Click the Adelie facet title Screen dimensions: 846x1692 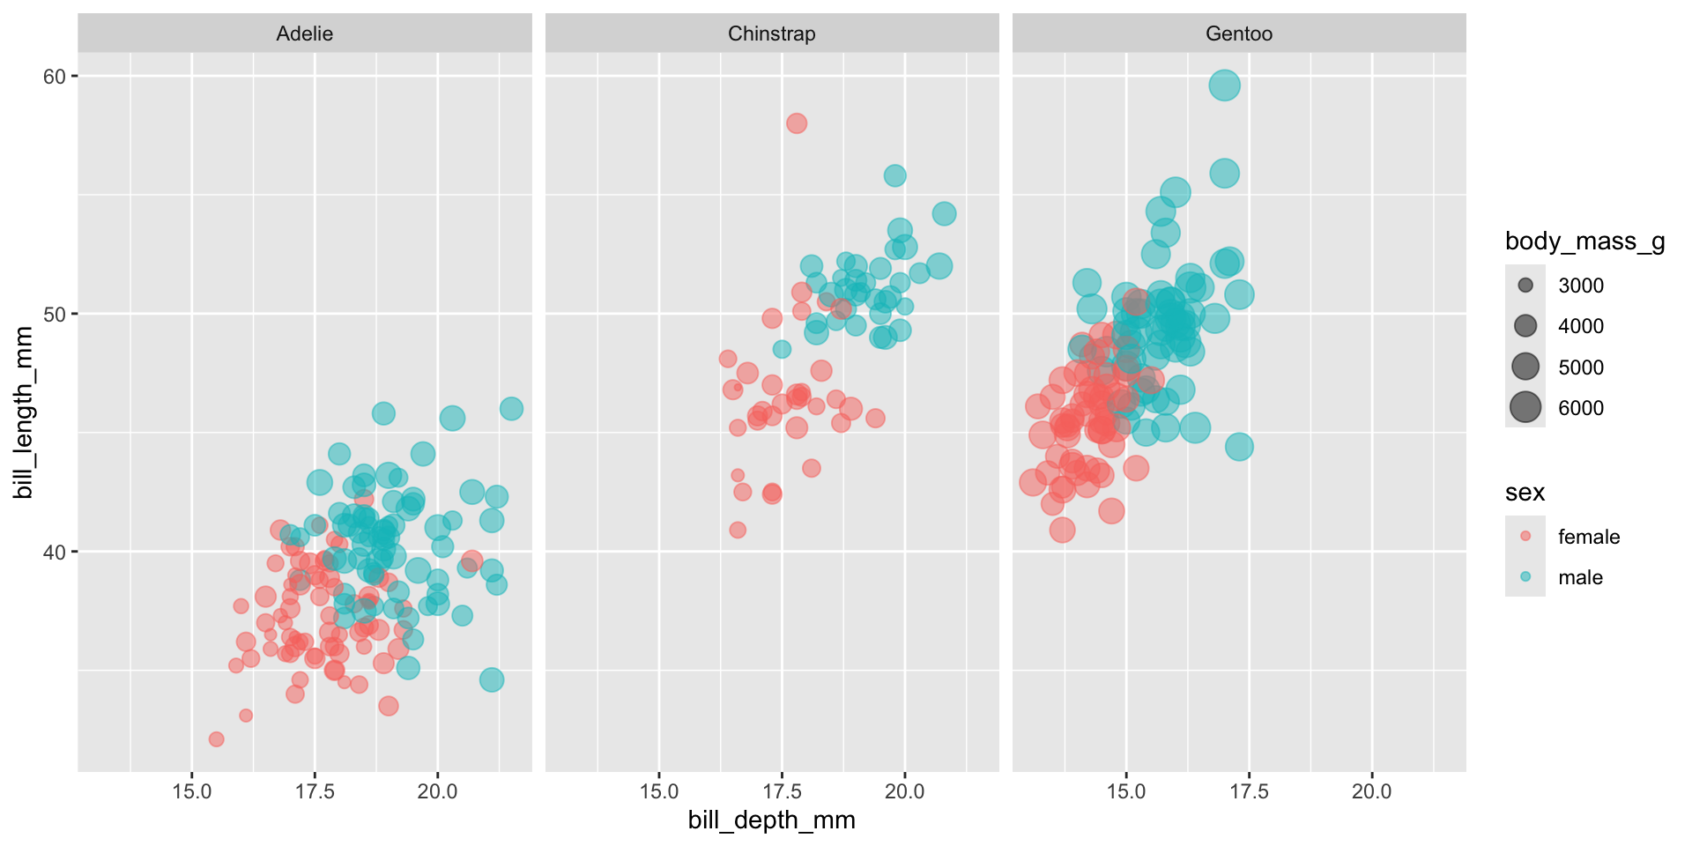click(305, 33)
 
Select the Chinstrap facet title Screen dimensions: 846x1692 click(772, 33)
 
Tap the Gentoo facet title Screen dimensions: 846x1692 click(1239, 33)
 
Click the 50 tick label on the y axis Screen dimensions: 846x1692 click(55, 315)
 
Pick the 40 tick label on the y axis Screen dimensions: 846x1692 click(55, 553)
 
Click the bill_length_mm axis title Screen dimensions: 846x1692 click(24, 412)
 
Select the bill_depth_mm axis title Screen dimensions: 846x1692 click(772, 820)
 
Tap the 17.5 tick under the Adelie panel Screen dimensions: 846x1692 click(315, 791)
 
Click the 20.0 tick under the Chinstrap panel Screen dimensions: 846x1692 click(904, 791)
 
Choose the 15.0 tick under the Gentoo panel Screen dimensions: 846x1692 click(1126, 791)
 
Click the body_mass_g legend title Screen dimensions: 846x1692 click(1584, 241)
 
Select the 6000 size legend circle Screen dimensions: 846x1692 click(1525, 408)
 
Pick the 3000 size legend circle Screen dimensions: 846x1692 click(1525, 286)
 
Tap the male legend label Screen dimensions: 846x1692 click(1580, 577)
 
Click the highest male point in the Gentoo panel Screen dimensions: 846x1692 click(1225, 85)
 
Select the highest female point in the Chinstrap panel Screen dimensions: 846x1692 click(797, 123)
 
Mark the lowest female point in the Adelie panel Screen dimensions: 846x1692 click(216, 739)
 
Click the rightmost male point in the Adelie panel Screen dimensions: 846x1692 click(511, 409)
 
